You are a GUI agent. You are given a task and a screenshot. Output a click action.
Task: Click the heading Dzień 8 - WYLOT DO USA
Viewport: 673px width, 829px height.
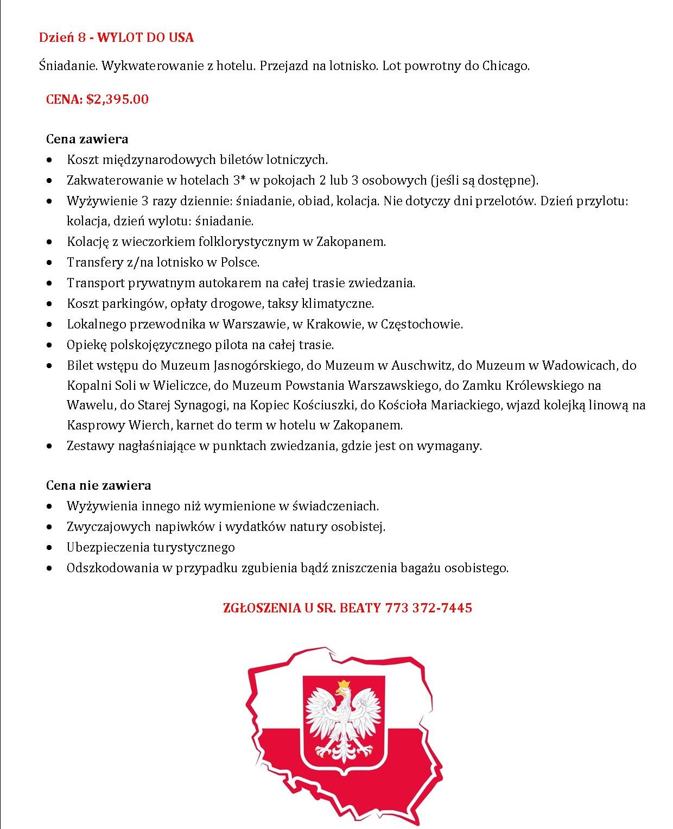tap(116, 37)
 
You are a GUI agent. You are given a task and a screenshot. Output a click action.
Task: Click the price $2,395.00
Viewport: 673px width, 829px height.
tap(117, 99)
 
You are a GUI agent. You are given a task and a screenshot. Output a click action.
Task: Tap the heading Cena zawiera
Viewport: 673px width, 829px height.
tap(87, 139)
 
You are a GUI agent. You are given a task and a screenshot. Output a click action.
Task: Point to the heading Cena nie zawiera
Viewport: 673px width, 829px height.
tap(98, 485)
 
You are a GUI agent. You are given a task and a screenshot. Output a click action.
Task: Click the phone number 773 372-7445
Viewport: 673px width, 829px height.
tap(428, 607)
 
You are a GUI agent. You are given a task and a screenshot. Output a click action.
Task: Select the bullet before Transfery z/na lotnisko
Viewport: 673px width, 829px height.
tap(50, 263)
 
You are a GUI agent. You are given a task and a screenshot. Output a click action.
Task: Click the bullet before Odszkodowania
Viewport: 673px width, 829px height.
tap(50, 568)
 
